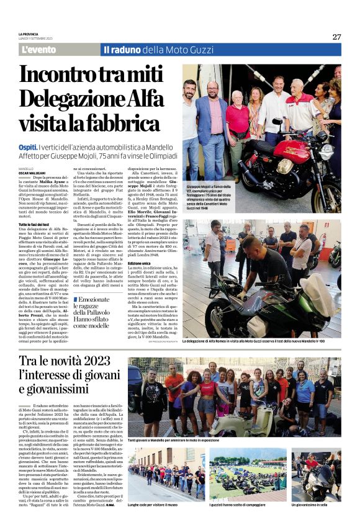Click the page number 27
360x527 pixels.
point(336,37)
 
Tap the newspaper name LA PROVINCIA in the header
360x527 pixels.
point(29,35)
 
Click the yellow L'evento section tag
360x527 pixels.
point(38,50)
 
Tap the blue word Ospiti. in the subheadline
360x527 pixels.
point(29,146)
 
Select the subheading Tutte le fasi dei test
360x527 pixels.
point(34,223)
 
